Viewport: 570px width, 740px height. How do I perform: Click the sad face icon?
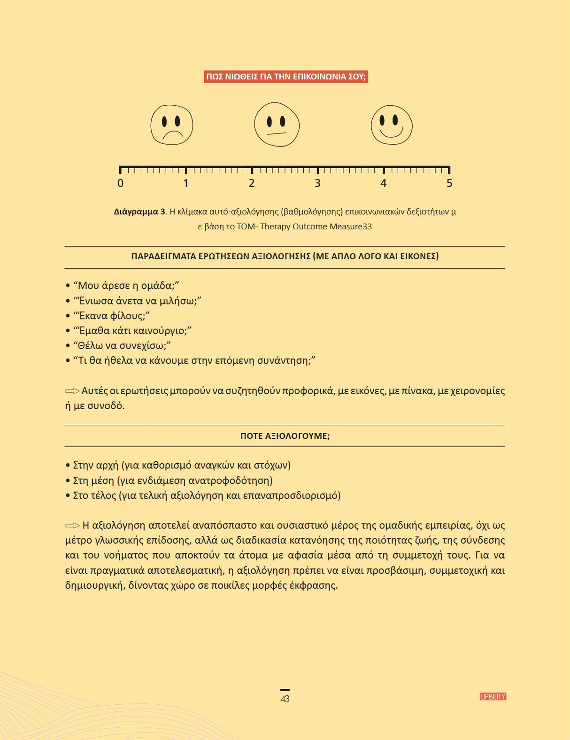[172, 125]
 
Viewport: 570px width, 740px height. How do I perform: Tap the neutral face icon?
[277, 125]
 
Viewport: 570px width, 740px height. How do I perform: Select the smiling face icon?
[392, 125]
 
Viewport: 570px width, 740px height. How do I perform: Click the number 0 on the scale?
[121, 183]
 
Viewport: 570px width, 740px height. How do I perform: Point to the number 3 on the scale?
[318, 183]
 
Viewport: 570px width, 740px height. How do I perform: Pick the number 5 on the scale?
[449, 183]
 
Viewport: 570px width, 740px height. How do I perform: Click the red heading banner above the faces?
[285, 77]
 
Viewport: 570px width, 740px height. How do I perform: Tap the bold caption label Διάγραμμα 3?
[140, 212]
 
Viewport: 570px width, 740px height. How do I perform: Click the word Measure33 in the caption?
[350, 226]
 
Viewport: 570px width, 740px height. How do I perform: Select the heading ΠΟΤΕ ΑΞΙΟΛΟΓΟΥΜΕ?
[285, 436]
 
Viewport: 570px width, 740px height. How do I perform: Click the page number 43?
[285, 699]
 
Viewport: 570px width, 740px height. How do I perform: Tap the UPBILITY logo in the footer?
[493, 697]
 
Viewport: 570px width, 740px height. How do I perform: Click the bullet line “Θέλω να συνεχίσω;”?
[122, 346]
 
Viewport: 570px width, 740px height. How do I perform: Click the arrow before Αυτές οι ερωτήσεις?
[72, 391]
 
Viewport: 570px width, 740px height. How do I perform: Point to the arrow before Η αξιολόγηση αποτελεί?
[72, 525]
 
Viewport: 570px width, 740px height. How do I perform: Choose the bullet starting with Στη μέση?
[173, 481]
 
